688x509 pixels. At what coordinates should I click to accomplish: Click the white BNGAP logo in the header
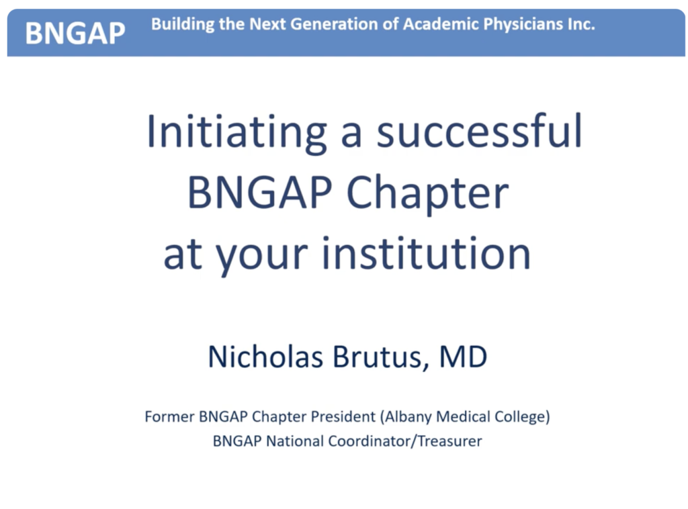pos(75,34)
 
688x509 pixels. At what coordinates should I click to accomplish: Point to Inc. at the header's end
pos(581,24)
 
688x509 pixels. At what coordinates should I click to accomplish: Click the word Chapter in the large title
pos(428,194)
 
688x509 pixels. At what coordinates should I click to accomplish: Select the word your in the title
pos(262,256)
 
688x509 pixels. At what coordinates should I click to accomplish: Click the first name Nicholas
pos(265,356)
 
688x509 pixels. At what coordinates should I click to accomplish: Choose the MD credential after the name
pos(463,357)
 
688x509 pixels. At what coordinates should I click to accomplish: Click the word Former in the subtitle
pos(169,416)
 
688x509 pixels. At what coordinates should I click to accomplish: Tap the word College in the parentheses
pos(520,417)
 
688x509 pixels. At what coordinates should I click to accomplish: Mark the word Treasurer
pos(449,441)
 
